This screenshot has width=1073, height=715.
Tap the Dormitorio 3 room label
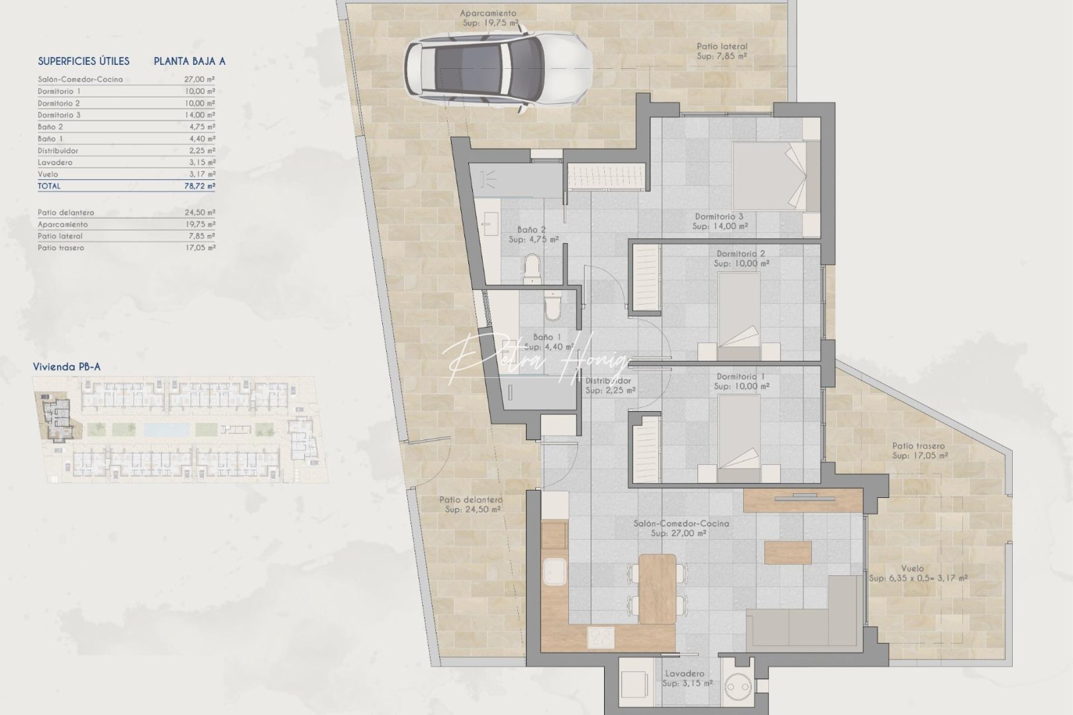(719, 216)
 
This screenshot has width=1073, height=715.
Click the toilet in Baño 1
(551, 305)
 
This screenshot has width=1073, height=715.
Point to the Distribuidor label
(608, 381)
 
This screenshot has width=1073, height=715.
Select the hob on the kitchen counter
(601, 637)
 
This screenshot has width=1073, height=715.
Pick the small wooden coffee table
(788, 552)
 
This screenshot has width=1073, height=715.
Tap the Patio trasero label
(918, 446)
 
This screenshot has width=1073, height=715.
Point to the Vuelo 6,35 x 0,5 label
(918, 578)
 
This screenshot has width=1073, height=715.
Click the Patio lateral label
(721, 47)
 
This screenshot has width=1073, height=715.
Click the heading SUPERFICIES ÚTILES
(83, 61)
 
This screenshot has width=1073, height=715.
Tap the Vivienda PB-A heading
(67, 367)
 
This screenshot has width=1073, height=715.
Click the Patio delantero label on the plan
(471, 500)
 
